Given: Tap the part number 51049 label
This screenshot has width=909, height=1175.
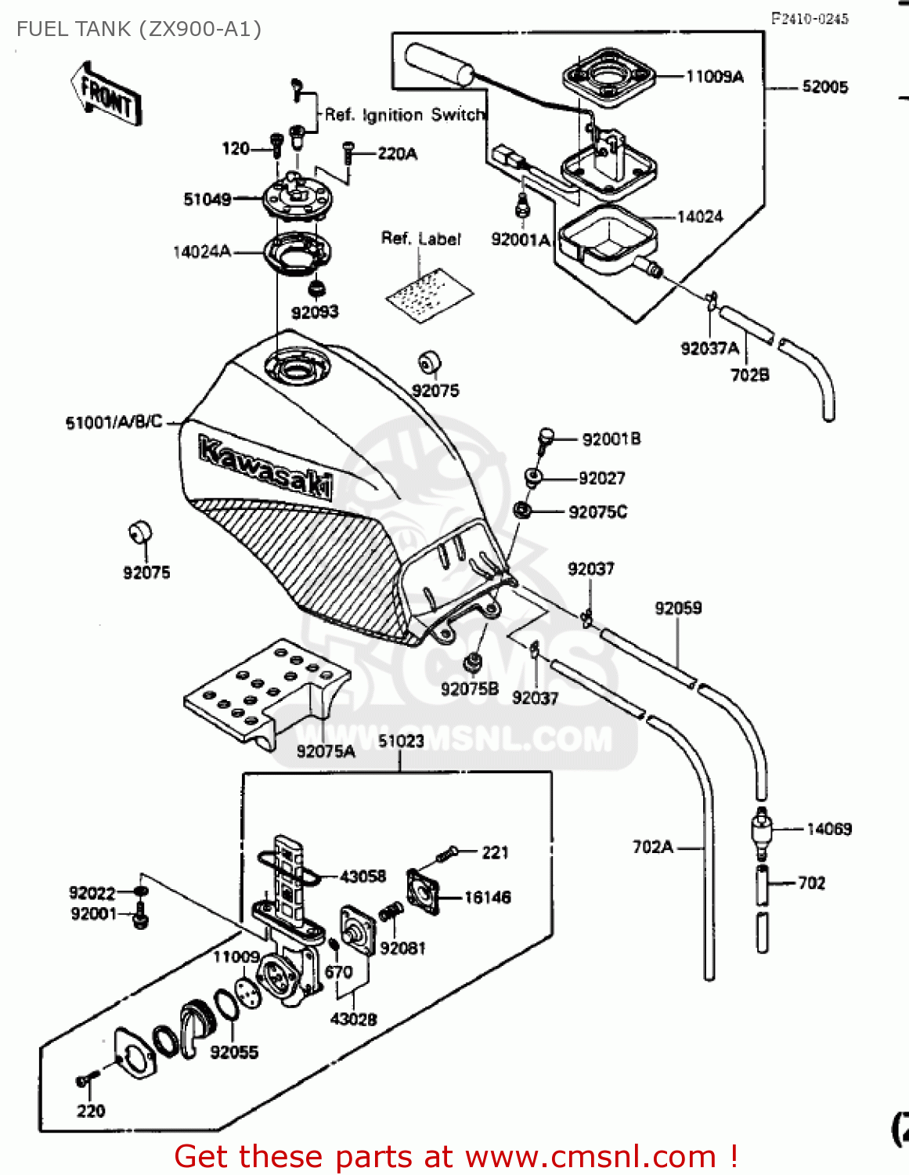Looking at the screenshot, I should click(x=207, y=200).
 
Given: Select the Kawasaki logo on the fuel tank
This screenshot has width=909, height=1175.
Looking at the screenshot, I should click(x=265, y=468).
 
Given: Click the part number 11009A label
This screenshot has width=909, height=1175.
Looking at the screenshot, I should click(x=714, y=77).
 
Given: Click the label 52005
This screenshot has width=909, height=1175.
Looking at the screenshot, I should click(x=824, y=87).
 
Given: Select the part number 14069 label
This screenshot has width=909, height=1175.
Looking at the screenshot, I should click(x=828, y=829).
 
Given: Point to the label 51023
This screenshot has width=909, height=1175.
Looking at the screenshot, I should click(x=401, y=741).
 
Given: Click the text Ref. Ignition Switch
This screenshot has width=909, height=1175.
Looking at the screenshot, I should click(x=404, y=115).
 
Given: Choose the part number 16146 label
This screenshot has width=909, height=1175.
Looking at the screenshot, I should click(x=487, y=898).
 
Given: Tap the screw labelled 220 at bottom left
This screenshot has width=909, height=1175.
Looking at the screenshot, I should click(x=85, y=1082).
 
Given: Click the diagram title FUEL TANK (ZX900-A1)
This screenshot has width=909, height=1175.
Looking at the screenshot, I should click(x=139, y=30).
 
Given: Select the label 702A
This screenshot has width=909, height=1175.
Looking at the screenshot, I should click(x=652, y=847).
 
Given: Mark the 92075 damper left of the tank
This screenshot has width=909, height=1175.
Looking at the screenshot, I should click(x=140, y=532).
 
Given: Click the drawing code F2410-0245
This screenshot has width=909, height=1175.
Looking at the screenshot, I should click(x=809, y=19).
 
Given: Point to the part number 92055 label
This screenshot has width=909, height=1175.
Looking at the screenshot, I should click(x=233, y=1052).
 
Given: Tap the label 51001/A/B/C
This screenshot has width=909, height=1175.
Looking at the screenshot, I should click(x=114, y=422).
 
